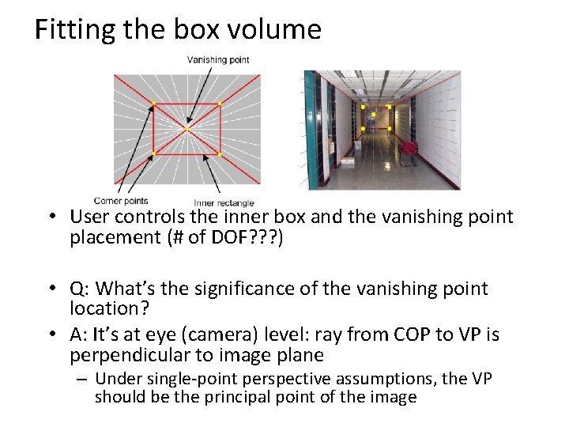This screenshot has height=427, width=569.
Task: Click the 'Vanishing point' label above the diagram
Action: click(x=217, y=59)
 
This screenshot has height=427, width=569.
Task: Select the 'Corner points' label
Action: click(x=120, y=201)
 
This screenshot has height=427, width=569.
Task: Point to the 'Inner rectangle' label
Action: click(x=224, y=203)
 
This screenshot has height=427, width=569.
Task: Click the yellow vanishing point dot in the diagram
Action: click(x=187, y=128)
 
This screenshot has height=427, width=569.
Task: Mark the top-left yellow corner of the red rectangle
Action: click(x=153, y=104)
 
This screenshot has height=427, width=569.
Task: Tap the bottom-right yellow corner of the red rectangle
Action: click(x=219, y=153)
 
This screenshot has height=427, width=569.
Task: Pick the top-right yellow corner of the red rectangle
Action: click(x=219, y=104)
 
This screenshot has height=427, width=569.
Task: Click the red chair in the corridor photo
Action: click(x=409, y=148)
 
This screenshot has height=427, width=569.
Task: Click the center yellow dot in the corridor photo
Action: click(x=373, y=115)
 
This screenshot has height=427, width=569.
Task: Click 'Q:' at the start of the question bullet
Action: click(x=80, y=289)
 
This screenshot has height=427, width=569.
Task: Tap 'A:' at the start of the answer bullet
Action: click(x=80, y=335)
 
